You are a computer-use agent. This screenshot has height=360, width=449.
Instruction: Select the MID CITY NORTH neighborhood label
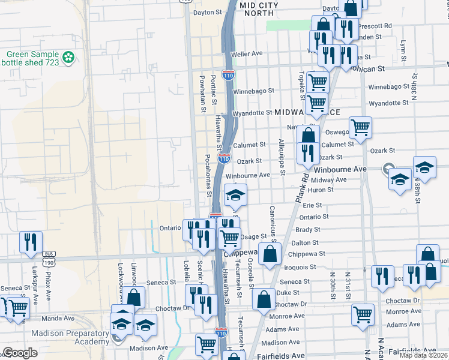259,8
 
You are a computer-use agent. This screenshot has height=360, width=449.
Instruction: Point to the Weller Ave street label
251,53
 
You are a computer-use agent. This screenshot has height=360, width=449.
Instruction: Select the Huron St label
322,190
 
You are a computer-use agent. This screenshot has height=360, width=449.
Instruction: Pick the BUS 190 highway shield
48,259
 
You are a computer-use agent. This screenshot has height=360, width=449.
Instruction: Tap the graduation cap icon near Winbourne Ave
235,194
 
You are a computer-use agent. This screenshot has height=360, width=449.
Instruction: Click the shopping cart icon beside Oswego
360,127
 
